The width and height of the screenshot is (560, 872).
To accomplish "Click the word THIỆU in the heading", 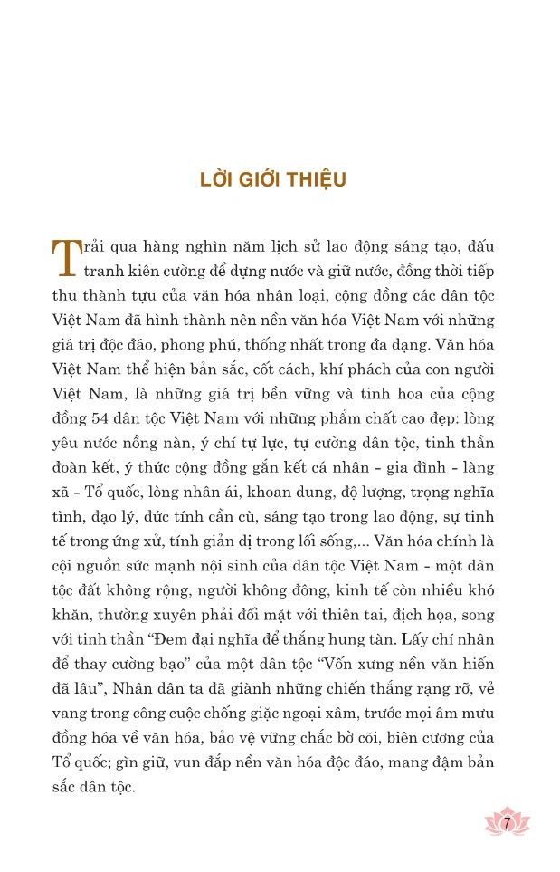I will coord(317,179).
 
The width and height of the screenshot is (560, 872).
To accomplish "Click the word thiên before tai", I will coord(346,614).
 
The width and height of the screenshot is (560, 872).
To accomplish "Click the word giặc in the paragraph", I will coord(258,712).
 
